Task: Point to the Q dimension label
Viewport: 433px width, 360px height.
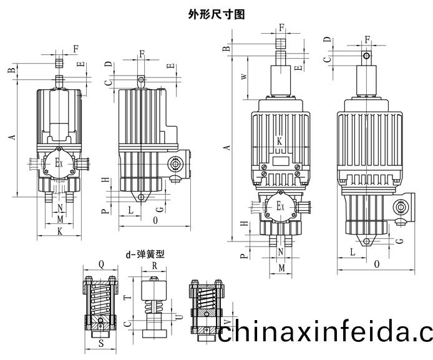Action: pyautogui.click(x=102, y=263)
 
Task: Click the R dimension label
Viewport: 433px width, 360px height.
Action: pyautogui.click(x=153, y=265)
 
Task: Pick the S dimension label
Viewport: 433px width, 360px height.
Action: pyautogui.click(x=101, y=343)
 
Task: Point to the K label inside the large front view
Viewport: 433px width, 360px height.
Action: pyautogui.click(x=280, y=141)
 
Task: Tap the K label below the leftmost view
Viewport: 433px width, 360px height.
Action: pyautogui.click(x=60, y=231)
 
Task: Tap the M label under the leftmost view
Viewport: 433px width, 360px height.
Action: pyautogui.click(x=60, y=220)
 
